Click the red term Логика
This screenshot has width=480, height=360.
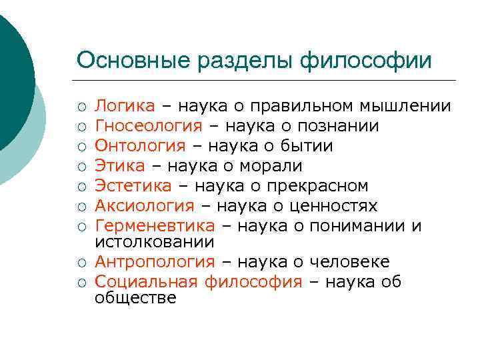[x=125, y=106]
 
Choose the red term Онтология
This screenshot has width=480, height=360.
[x=139, y=146]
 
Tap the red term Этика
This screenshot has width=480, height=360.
[x=119, y=166]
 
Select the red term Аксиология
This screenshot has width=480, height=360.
[x=145, y=206]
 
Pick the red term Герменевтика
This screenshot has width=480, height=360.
[x=155, y=226]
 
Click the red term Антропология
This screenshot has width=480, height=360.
[x=155, y=262]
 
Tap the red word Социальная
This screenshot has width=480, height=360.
[x=146, y=282]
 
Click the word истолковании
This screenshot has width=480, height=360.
[x=154, y=242]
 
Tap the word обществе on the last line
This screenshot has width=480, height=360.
[x=135, y=298]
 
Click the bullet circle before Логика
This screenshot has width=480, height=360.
[x=81, y=107]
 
